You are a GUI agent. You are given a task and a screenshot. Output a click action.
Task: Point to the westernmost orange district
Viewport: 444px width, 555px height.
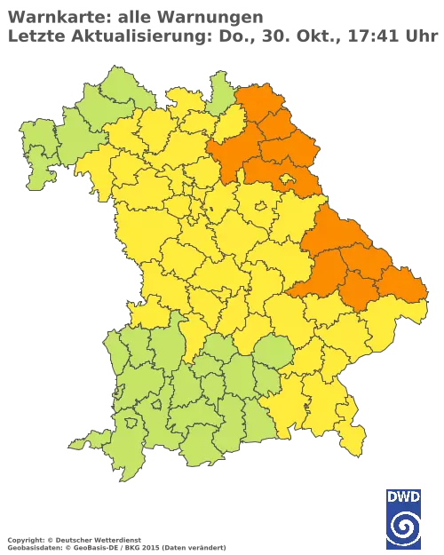click(222, 155)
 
